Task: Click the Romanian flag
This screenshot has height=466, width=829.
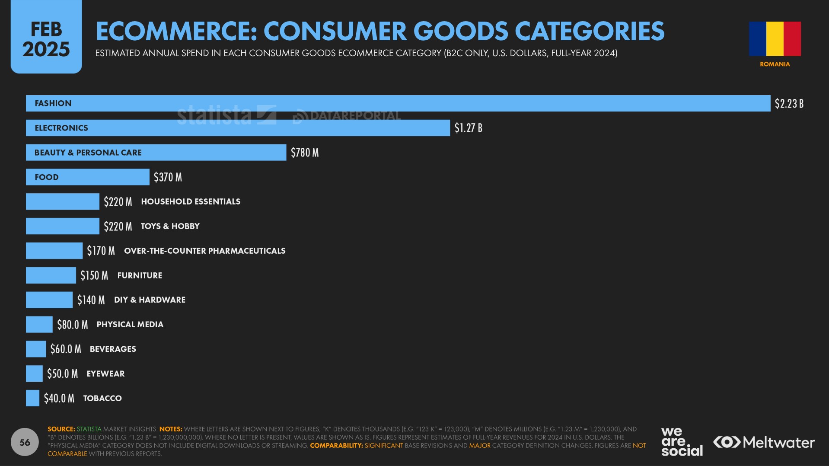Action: click(x=775, y=39)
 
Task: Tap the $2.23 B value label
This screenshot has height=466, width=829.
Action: click(x=789, y=104)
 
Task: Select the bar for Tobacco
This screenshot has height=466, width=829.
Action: click(x=32, y=398)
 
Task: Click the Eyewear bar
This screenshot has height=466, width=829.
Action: click(x=34, y=373)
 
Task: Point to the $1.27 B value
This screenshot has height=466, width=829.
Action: click(x=468, y=128)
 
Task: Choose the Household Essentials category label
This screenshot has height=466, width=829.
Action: click(x=191, y=201)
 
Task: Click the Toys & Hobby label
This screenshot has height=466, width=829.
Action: click(x=170, y=226)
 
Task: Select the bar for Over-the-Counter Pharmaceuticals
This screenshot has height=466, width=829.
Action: click(x=54, y=251)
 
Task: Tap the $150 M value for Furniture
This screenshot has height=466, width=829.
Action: click(x=94, y=275)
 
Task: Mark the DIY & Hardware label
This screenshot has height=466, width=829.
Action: click(x=150, y=300)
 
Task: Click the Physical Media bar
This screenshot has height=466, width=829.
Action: click(x=39, y=325)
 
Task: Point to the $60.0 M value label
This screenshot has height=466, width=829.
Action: click(x=66, y=349)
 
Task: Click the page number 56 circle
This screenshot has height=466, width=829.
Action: click(x=25, y=442)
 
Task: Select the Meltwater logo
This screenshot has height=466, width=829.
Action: click(x=764, y=442)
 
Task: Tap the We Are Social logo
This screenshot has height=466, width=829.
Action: click(x=682, y=441)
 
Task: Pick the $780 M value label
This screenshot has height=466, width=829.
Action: click(x=305, y=153)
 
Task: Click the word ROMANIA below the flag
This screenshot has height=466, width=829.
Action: click(x=775, y=64)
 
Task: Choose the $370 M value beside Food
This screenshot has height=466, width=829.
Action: click(x=168, y=177)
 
